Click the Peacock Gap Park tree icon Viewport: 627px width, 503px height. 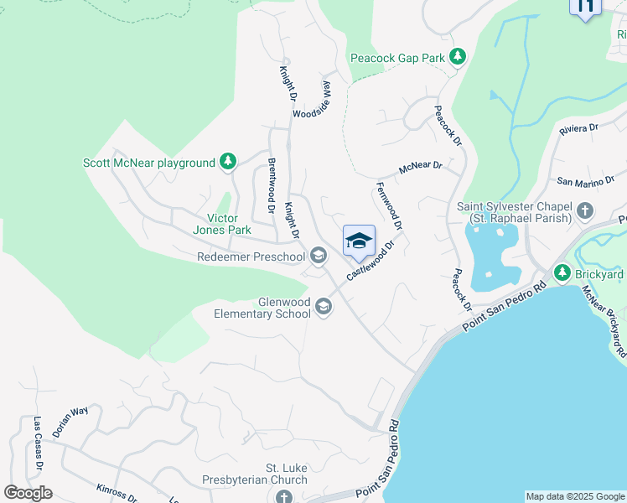pos(458,57)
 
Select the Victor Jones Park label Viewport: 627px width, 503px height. pos(222,224)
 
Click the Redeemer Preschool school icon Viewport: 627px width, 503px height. pos(318,256)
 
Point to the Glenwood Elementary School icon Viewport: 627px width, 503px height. pos(324,309)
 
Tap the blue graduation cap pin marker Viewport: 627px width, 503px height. pos(359,241)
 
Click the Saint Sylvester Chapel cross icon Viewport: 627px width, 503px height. pos(585,211)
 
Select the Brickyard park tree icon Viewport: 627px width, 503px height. pos(562,273)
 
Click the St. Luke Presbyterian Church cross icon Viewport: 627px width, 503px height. pos(284,497)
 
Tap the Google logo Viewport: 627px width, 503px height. pos(28,493)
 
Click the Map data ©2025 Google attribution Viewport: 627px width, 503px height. pos(575,496)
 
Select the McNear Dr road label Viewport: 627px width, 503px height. pos(420,168)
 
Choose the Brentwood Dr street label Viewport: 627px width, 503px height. pos(271,187)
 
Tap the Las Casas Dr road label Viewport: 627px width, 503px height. pos(38,443)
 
